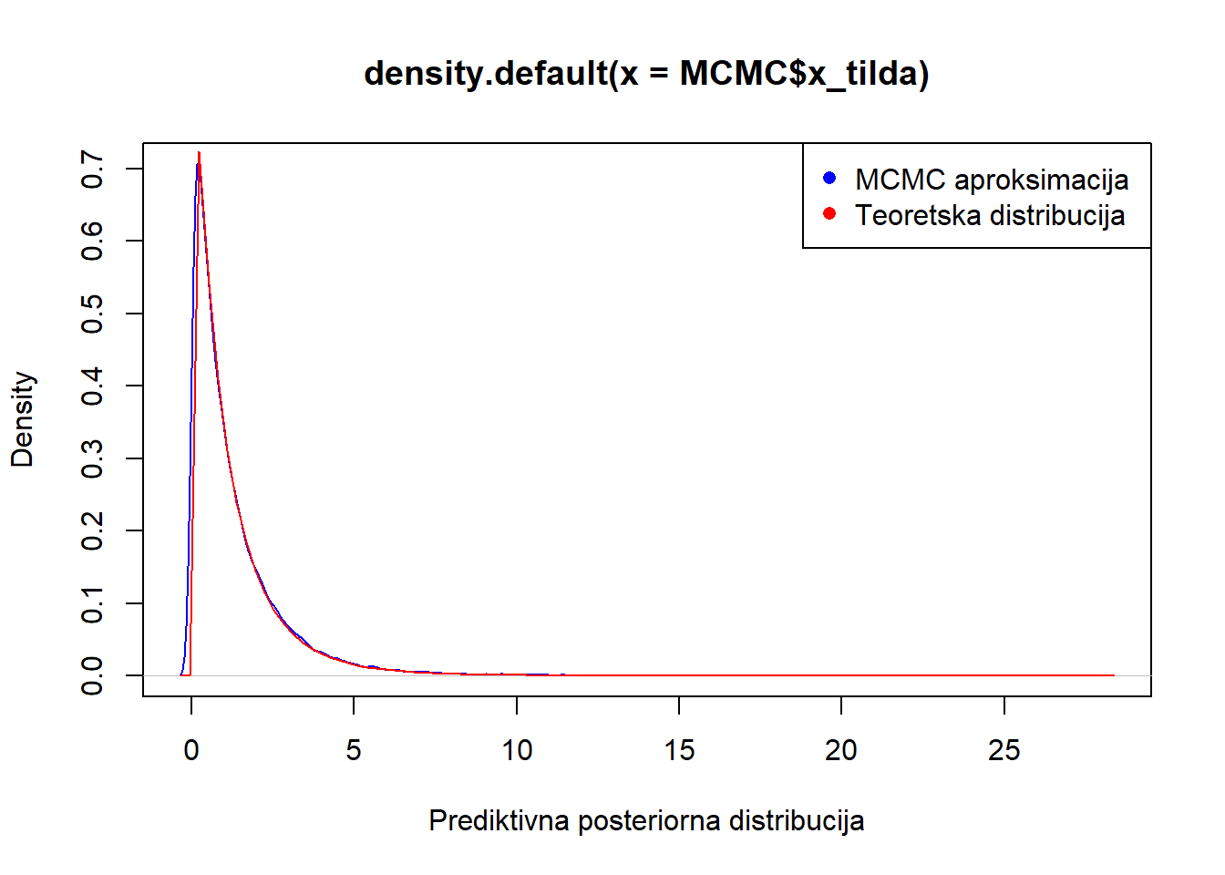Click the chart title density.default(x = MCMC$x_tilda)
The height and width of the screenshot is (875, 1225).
[x=646, y=74]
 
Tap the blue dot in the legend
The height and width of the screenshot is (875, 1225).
[x=829, y=179]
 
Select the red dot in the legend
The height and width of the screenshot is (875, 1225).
[x=829, y=213]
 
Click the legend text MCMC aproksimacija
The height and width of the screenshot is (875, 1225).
[x=992, y=180]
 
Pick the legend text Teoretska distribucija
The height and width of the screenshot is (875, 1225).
[x=990, y=215]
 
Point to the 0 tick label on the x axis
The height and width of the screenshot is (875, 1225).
[x=190, y=750]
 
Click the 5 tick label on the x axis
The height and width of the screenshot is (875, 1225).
[x=354, y=750]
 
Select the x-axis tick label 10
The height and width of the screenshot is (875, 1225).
[x=517, y=750]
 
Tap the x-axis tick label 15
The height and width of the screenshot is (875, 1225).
[x=679, y=750]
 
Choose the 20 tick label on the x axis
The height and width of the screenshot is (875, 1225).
[x=841, y=750]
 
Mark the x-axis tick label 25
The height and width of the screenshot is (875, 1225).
[x=1004, y=750]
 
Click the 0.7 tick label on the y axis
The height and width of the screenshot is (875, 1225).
[x=92, y=169]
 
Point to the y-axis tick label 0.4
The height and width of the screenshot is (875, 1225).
[x=92, y=386]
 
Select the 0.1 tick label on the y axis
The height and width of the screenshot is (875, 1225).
[x=92, y=603]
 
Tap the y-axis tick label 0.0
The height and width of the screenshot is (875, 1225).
[x=92, y=675]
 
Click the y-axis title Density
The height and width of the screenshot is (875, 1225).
[x=23, y=419]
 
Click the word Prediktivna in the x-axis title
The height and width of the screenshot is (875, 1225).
[x=499, y=820]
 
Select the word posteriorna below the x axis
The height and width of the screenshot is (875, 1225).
[x=649, y=822]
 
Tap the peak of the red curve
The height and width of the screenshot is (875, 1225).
[x=199, y=152]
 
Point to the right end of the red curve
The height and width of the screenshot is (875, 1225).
[x=1114, y=675]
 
